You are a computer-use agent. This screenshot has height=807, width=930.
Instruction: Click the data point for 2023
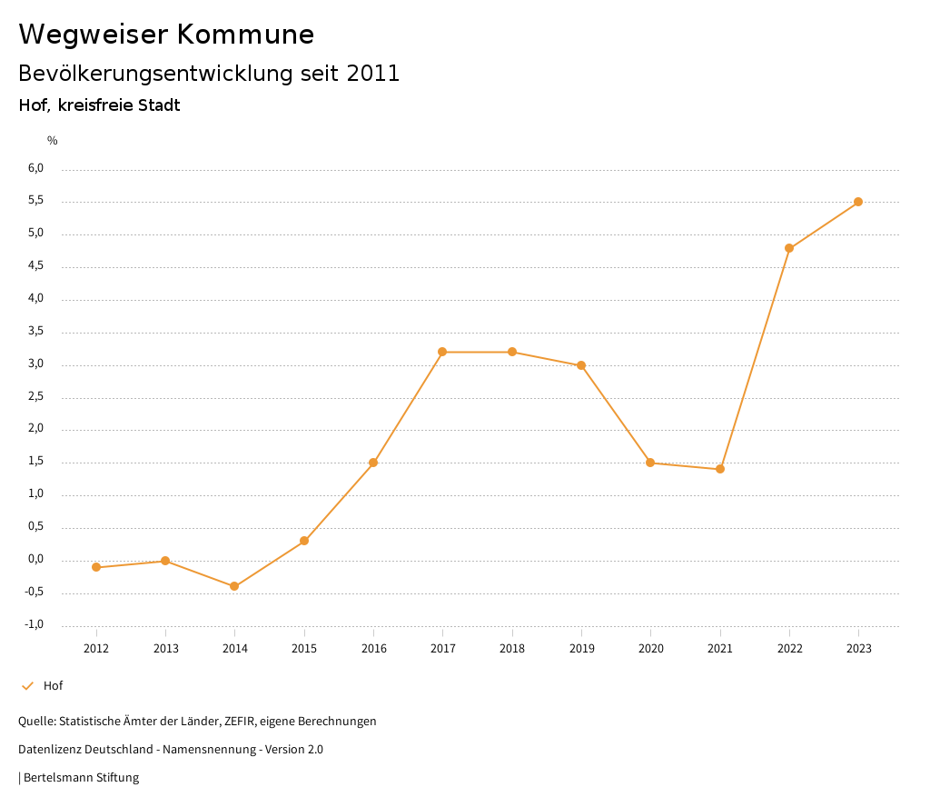pyautogui.click(x=858, y=202)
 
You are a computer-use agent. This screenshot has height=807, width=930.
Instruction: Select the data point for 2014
pyautogui.click(x=234, y=586)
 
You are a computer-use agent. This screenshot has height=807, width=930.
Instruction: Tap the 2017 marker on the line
pyautogui.click(x=442, y=352)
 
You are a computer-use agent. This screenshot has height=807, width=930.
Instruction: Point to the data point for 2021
pyautogui.click(x=720, y=469)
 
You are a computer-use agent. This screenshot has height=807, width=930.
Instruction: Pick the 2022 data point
pyautogui.click(x=789, y=248)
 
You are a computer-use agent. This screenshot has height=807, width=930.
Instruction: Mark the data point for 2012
pyautogui.click(x=96, y=567)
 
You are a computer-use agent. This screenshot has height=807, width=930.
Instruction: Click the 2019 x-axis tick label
pyautogui.click(x=581, y=648)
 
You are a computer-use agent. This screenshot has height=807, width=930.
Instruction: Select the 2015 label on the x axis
pyautogui.click(x=304, y=648)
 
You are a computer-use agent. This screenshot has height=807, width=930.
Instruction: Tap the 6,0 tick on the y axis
pyautogui.click(x=36, y=168)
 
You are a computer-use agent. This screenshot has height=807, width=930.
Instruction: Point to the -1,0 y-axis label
pyautogui.click(x=35, y=624)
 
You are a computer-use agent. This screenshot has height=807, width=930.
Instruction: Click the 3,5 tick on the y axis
pyautogui.click(x=36, y=331)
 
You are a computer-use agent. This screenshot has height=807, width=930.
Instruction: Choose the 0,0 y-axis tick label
pyautogui.click(x=36, y=559)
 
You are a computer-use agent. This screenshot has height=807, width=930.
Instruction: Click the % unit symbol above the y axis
pyautogui.click(x=53, y=140)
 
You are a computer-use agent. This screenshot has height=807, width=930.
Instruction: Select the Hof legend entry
pyautogui.click(x=53, y=685)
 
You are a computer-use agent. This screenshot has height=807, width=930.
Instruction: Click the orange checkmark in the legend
pyautogui.click(x=27, y=685)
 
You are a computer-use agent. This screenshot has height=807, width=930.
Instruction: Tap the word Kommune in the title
pyautogui.click(x=246, y=34)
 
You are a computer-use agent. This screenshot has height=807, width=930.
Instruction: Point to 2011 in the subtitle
pyautogui.click(x=373, y=74)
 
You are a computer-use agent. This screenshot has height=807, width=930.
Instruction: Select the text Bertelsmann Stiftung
pyautogui.click(x=81, y=777)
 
